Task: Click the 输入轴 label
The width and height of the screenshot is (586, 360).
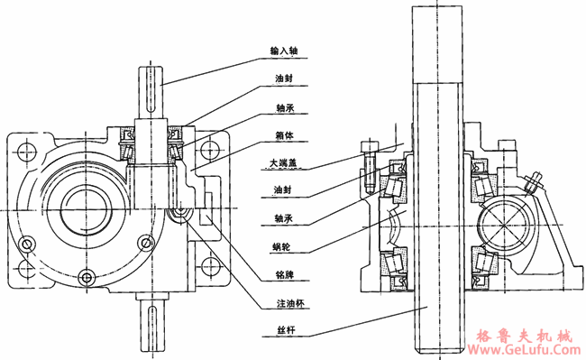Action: (x=284, y=51)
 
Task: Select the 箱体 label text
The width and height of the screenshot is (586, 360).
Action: (x=284, y=135)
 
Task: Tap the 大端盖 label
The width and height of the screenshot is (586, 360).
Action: (x=284, y=163)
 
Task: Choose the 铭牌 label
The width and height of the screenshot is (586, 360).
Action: (x=284, y=275)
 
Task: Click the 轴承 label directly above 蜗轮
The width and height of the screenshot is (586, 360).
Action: (x=283, y=218)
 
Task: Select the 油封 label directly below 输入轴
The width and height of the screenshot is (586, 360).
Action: (x=284, y=78)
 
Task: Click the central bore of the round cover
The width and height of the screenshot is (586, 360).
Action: (x=87, y=209)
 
